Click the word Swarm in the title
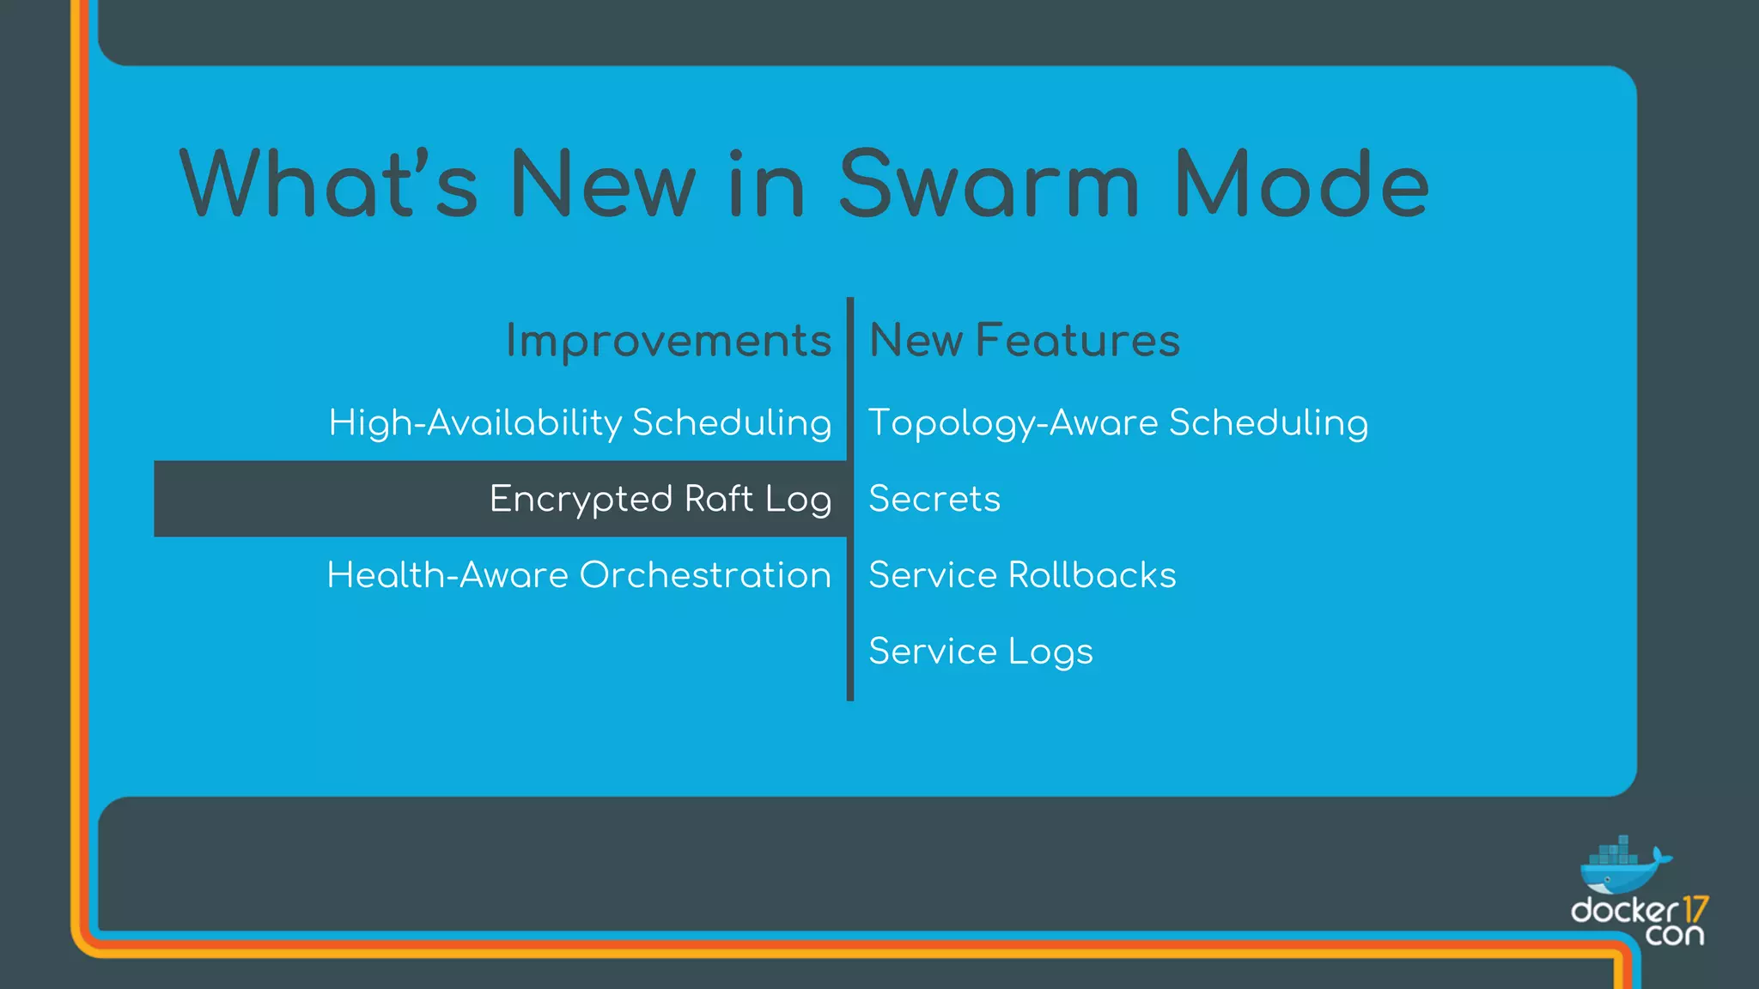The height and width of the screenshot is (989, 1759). [988, 185]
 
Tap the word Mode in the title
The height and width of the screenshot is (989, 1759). [1301, 185]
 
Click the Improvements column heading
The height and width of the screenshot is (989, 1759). [668, 341]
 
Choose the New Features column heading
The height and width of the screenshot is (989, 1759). [1025, 340]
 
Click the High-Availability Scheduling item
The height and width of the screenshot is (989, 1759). [580, 422]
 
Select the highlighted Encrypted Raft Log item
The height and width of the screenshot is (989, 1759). [660, 499]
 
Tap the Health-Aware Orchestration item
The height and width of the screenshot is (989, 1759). [579, 574]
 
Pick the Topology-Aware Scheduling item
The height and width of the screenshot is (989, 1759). [1118, 422]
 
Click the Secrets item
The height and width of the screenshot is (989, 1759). [934, 499]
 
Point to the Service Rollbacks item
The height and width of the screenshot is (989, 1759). [1022, 574]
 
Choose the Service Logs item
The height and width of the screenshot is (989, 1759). [981, 651]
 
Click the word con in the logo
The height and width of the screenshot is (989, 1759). [1675, 934]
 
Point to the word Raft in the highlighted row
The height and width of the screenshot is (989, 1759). [719, 499]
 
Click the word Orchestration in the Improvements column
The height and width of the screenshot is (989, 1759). [705, 574]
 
